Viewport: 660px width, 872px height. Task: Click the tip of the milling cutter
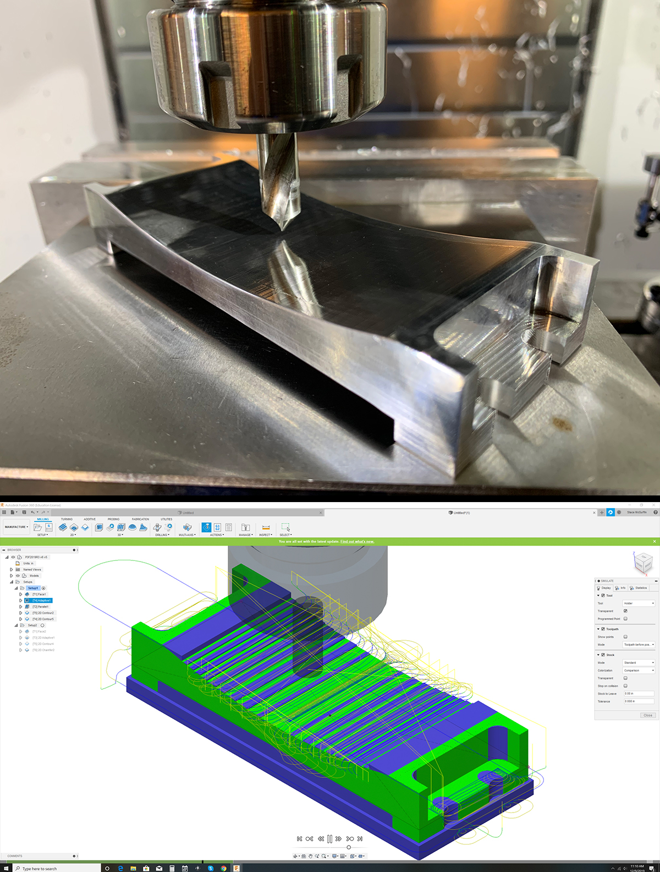click(x=282, y=227)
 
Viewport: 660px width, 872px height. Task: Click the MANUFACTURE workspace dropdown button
click(x=16, y=527)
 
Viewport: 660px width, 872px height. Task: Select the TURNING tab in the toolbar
click(x=67, y=519)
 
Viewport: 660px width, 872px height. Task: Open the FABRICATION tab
click(x=140, y=519)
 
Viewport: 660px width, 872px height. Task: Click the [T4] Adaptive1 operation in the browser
click(x=42, y=601)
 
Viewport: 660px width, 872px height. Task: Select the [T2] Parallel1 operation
click(x=40, y=607)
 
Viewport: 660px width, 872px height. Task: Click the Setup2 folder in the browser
click(x=32, y=625)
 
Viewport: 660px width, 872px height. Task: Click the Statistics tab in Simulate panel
click(x=640, y=588)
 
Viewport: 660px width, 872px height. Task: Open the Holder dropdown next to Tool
click(x=639, y=603)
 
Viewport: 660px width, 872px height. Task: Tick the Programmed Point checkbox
click(x=625, y=619)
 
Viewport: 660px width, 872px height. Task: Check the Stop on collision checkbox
click(x=625, y=686)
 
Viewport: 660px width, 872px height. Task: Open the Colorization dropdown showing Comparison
click(x=639, y=671)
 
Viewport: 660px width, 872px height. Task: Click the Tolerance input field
click(x=638, y=701)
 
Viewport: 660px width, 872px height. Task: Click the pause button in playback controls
click(x=329, y=839)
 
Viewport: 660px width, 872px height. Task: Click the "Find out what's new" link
click(x=357, y=542)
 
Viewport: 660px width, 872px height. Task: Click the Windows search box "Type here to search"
click(x=55, y=869)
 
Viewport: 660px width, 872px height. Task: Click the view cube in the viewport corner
click(x=642, y=563)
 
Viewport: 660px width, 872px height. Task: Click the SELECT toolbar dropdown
click(x=285, y=535)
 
